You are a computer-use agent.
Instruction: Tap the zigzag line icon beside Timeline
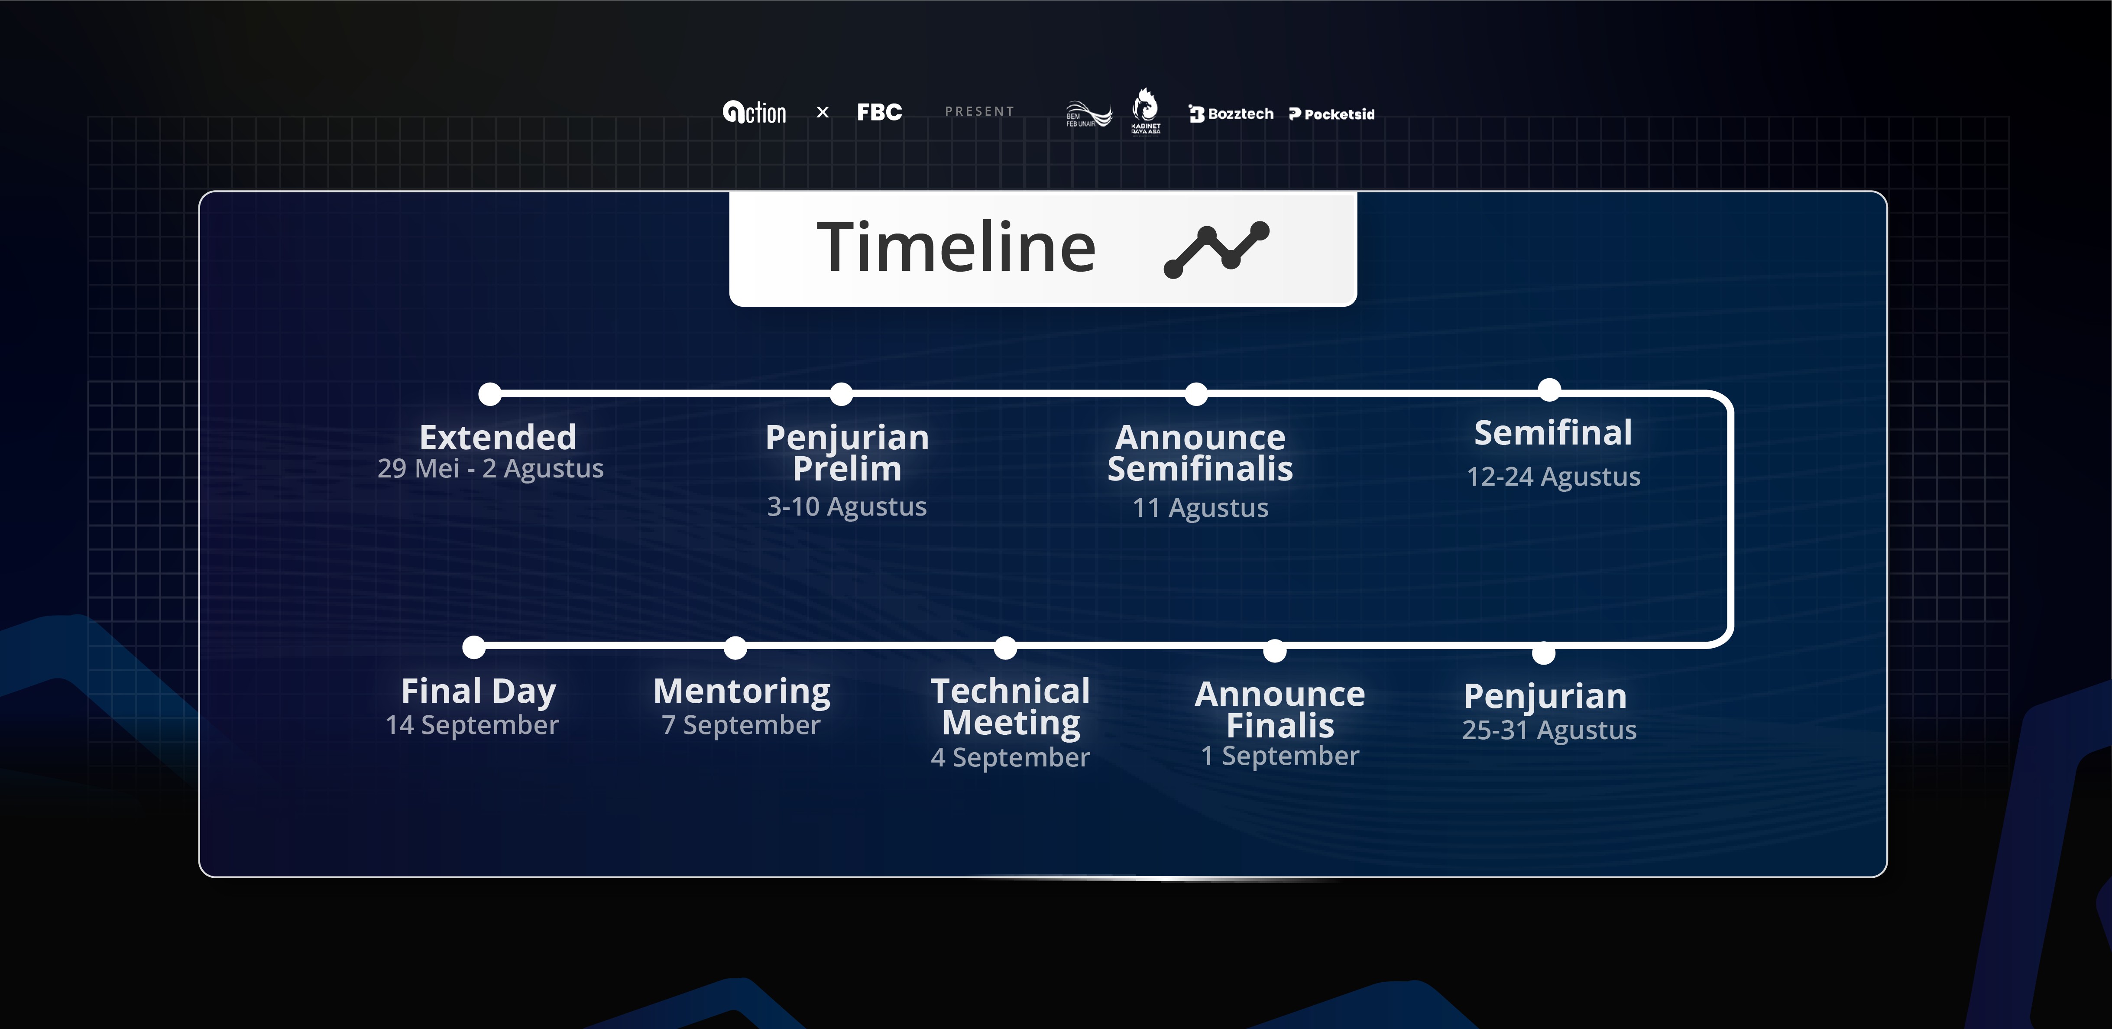1217,249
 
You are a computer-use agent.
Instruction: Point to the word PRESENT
980,111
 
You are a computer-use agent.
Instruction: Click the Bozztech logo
1231,114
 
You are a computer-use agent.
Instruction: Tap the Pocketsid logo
1331,114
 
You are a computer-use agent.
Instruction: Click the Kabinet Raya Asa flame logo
1145,111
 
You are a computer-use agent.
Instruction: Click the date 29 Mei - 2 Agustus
490,468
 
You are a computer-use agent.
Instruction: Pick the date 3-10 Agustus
847,507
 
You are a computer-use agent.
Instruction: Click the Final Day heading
479,691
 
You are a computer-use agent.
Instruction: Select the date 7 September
741,725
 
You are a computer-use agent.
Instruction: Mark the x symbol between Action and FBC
823,112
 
